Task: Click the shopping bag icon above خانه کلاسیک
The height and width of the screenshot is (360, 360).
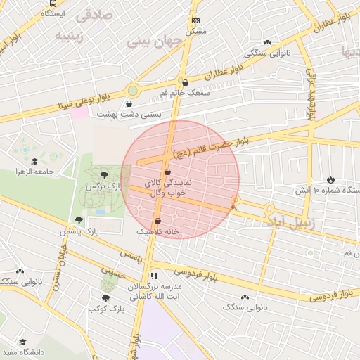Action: [x=157, y=221]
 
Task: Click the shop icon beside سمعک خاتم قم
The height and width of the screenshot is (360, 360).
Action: [x=185, y=82]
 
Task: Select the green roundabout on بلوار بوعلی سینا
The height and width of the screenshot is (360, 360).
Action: [x=132, y=91]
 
